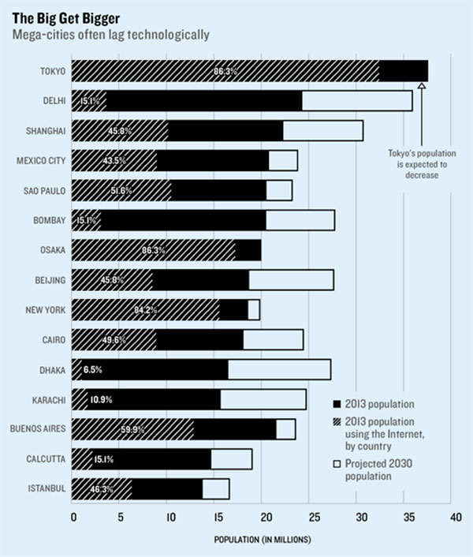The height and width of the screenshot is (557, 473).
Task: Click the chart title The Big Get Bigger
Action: coord(58,15)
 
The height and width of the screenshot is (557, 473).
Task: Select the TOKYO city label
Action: coord(51,71)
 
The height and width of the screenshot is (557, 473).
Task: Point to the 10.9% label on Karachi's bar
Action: coord(100,399)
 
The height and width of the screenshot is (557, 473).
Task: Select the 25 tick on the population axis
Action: coord(312,518)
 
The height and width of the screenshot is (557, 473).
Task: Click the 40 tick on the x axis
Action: coord(455,518)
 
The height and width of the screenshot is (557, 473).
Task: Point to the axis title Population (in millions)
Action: coord(263,540)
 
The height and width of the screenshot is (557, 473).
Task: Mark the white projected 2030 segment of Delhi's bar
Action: coord(357,101)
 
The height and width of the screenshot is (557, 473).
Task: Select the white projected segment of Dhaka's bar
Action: coord(279,369)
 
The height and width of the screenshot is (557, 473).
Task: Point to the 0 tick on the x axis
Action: coord(73,518)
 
